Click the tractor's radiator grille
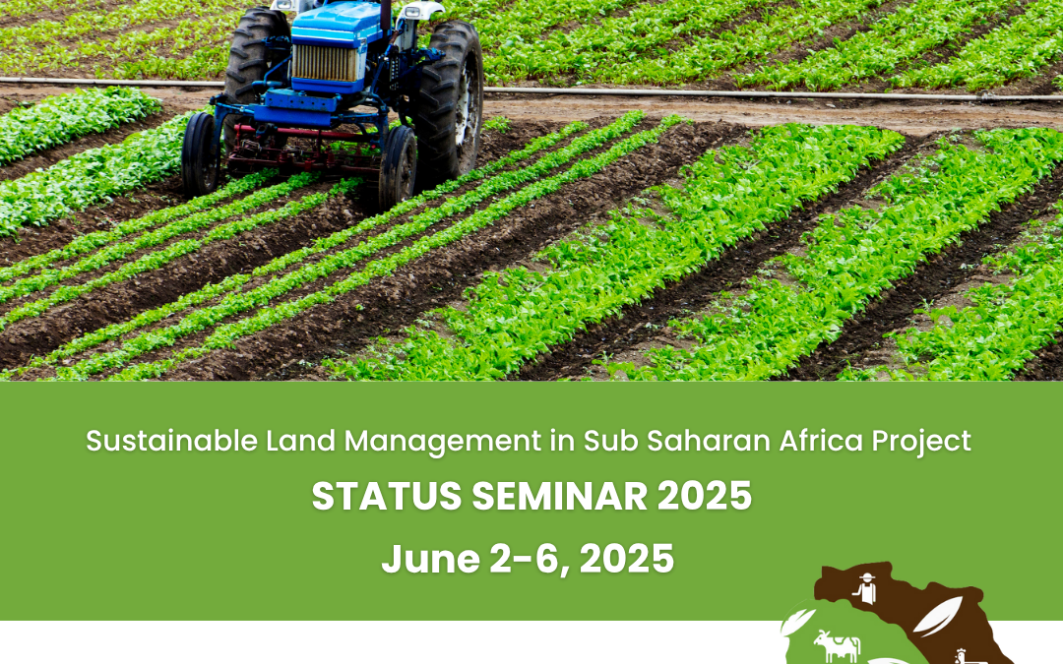tap(325, 63)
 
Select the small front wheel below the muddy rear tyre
tap(398, 166)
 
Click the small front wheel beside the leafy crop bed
tap(201, 153)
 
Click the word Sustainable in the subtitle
tap(171, 441)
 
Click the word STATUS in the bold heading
tap(387, 496)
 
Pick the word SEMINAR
tap(560, 496)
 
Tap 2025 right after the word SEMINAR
tap(705, 496)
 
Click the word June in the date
tap(430, 559)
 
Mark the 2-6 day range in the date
tap(531, 560)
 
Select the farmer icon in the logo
tap(865, 588)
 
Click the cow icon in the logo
tap(837, 645)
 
